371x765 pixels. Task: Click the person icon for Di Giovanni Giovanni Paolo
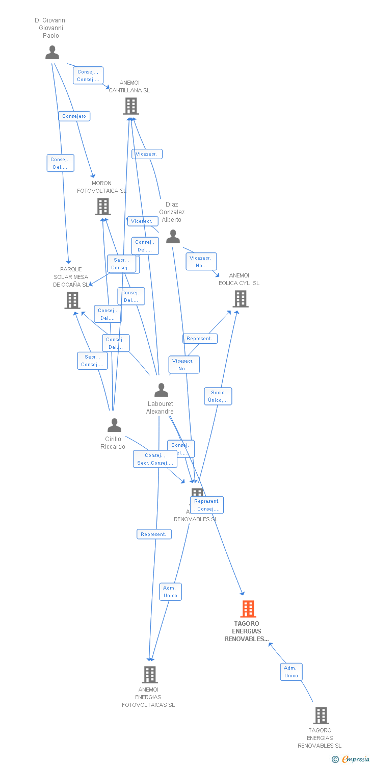pos(52,52)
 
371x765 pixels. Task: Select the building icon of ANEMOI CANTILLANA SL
pos(131,106)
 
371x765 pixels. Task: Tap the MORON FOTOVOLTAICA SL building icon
pos(102,207)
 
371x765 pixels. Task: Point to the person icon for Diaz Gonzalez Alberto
pos(173,236)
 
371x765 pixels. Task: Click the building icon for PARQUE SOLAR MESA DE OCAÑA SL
pos(72,300)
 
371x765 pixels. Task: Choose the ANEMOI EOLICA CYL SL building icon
pos(240,299)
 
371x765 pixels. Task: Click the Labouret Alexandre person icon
pos(161,390)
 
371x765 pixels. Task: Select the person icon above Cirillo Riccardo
pos(114,425)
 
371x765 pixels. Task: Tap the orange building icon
pos(248,608)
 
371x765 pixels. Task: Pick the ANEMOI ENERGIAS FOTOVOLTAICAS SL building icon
pos(149,674)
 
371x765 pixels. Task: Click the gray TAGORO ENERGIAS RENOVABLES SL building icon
pos(321,716)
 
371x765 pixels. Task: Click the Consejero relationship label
pos(74,116)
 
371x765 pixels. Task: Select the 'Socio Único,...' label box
pos(218,396)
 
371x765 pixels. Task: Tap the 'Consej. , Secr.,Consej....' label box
pos(155,459)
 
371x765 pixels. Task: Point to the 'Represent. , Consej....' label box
pos(207,505)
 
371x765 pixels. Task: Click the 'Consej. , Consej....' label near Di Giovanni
pos(88,75)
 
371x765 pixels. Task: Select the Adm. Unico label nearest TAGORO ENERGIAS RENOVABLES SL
pos(291,672)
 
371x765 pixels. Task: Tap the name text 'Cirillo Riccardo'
pos(113,443)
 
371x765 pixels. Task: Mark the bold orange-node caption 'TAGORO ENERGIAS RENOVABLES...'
pos(247,631)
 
